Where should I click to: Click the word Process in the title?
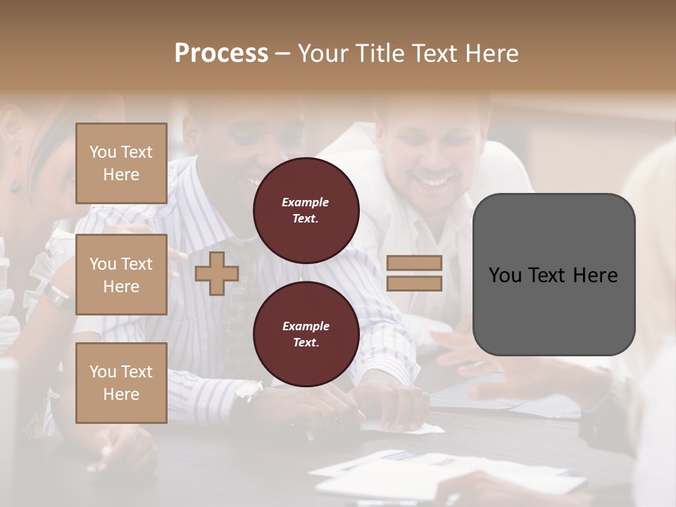(x=221, y=54)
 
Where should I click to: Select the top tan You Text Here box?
(x=121, y=163)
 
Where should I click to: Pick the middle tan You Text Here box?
(x=121, y=275)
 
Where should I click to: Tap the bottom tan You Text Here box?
(x=121, y=383)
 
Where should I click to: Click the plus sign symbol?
(x=217, y=273)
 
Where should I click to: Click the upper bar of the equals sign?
(x=414, y=263)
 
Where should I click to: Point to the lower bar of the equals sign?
(x=414, y=284)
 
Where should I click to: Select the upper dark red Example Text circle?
(x=306, y=211)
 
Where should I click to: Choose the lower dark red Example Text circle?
(x=306, y=334)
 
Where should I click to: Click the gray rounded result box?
(x=553, y=275)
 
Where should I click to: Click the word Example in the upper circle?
(x=306, y=202)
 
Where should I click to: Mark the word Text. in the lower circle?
(x=306, y=343)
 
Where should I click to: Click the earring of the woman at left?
(x=14, y=184)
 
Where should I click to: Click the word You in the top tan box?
(x=102, y=152)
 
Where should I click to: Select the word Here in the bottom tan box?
(x=121, y=394)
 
